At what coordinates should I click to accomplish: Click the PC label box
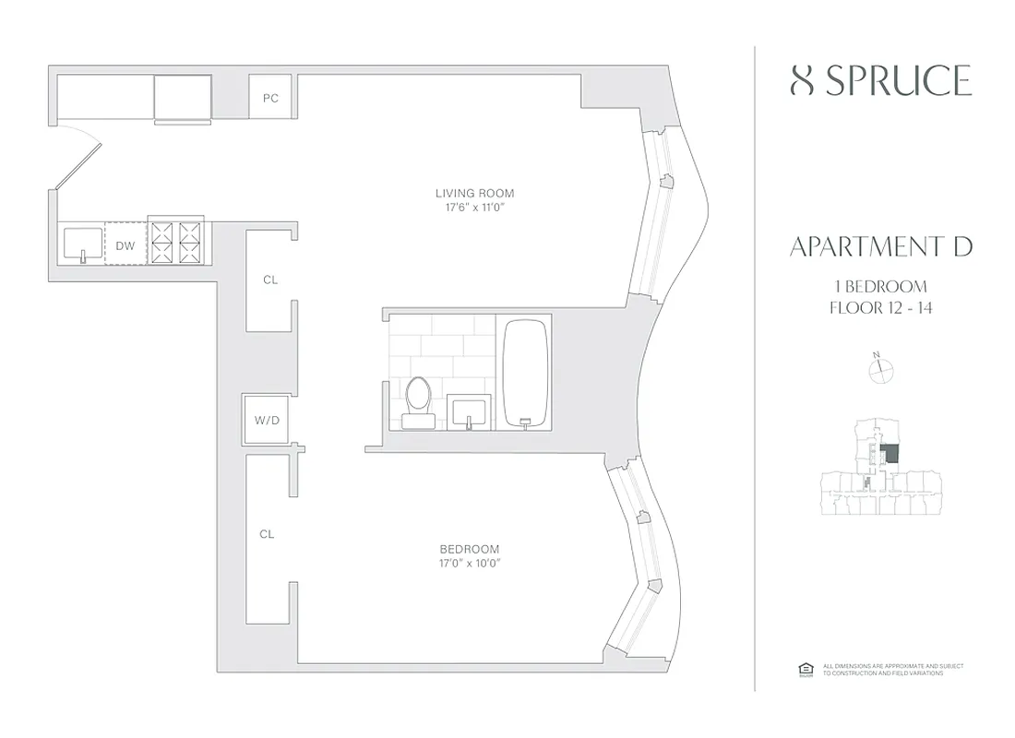pyautogui.click(x=270, y=98)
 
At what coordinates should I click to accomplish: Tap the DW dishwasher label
pyautogui.click(x=125, y=245)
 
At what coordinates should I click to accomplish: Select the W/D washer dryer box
pyautogui.click(x=266, y=421)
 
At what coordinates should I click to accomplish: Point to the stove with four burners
pyautogui.click(x=177, y=243)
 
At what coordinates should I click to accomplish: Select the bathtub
pyautogui.click(x=525, y=373)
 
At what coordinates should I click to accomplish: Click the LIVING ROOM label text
pyautogui.click(x=474, y=193)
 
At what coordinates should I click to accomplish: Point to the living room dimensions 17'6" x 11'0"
pyautogui.click(x=474, y=208)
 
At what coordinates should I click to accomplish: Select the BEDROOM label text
pyautogui.click(x=470, y=548)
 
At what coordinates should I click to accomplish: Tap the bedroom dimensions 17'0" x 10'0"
pyautogui.click(x=470, y=563)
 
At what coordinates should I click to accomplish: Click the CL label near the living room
pyautogui.click(x=269, y=280)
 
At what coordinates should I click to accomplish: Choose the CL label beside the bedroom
pyautogui.click(x=267, y=533)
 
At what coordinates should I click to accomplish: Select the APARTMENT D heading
pyautogui.click(x=880, y=246)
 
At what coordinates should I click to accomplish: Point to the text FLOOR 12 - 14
pyautogui.click(x=880, y=308)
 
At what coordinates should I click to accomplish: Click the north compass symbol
pyautogui.click(x=882, y=369)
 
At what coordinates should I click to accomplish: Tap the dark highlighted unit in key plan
pyautogui.click(x=891, y=454)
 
